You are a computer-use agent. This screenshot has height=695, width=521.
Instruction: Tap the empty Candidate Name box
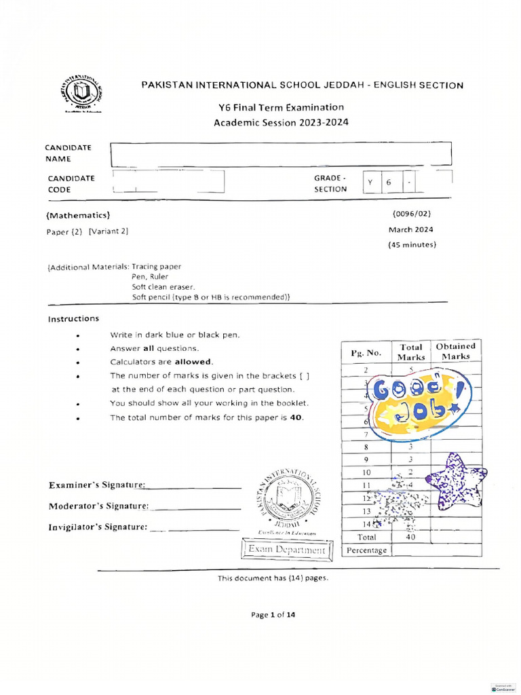tap(280, 154)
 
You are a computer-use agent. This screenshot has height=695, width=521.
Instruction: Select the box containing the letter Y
tap(370, 183)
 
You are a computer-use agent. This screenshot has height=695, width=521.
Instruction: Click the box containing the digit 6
tap(389, 183)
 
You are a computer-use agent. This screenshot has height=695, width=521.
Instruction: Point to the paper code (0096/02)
tap(412, 214)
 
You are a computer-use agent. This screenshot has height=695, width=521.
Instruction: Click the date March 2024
tap(411, 229)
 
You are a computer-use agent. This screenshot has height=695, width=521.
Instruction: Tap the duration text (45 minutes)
tap(412, 244)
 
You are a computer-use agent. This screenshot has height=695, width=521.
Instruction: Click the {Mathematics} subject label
tap(78, 215)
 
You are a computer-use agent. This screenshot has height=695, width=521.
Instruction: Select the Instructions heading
tap(73, 318)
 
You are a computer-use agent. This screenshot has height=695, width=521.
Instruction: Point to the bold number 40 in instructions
tap(296, 417)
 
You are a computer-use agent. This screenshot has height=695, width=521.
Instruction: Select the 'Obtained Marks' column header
tap(456, 351)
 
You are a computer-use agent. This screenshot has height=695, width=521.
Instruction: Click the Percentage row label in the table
tap(366, 550)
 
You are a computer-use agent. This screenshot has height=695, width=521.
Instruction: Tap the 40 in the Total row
tap(410, 537)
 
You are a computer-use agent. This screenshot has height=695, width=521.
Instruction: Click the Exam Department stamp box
tap(286, 549)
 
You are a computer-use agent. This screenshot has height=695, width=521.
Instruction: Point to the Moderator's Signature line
tap(195, 507)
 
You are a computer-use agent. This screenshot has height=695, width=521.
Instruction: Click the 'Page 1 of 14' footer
tap(273, 615)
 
